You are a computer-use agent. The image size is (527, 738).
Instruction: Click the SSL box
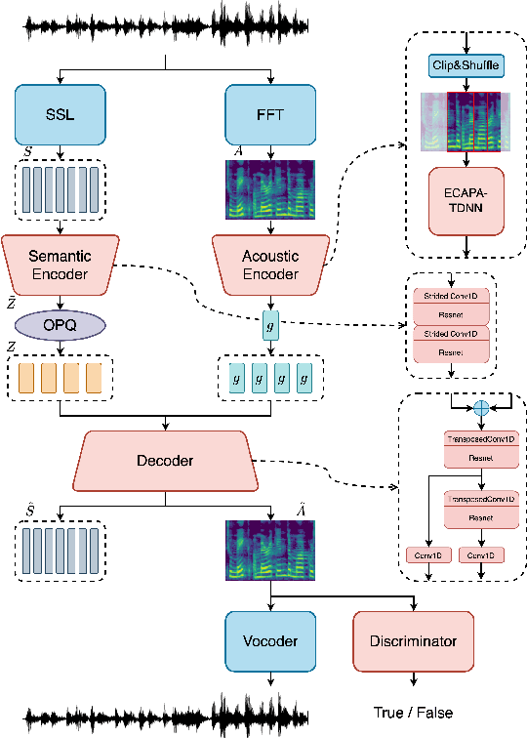click(60, 115)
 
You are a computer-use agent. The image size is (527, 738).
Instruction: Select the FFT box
click(270, 115)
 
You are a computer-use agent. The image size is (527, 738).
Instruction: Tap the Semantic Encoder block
click(60, 265)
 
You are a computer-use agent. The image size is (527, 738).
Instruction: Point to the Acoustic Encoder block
click(270, 265)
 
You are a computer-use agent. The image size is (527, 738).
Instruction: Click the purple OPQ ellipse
click(60, 324)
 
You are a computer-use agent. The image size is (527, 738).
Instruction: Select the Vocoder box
click(270, 641)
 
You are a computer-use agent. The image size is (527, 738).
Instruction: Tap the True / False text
click(413, 712)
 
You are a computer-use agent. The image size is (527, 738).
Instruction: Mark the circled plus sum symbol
click(479, 411)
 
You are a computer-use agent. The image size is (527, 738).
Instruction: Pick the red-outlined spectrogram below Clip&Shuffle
click(473, 122)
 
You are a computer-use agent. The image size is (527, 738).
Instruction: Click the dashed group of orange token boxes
click(60, 379)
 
